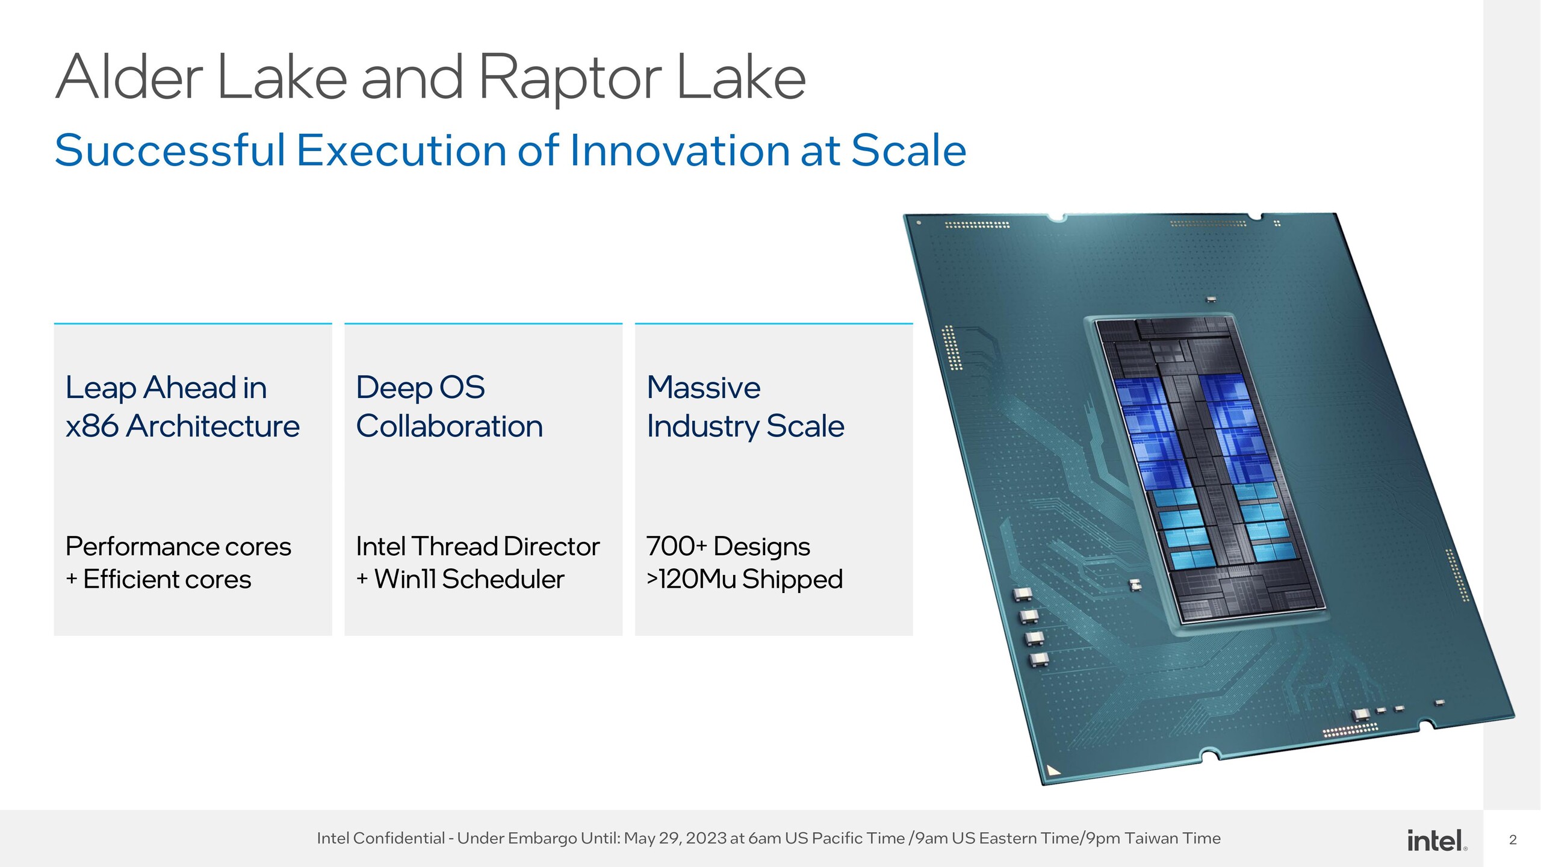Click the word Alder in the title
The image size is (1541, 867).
(x=129, y=78)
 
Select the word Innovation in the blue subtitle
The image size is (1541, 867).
(x=679, y=151)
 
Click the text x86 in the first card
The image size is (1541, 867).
(x=91, y=426)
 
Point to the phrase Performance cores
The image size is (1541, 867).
(x=178, y=547)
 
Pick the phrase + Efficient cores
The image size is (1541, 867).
(x=159, y=579)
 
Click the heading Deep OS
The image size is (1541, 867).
(x=420, y=387)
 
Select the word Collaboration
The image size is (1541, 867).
(x=449, y=426)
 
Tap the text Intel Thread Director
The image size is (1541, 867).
(x=477, y=547)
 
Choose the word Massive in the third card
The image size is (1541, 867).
(x=703, y=387)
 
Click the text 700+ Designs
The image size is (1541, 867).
(x=728, y=547)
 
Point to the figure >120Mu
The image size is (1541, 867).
(x=691, y=579)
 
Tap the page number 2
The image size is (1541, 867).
(x=1513, y=840)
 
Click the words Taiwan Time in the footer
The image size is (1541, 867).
(x=1173, y=838)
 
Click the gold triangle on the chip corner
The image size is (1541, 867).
(x=1053, y=770)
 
